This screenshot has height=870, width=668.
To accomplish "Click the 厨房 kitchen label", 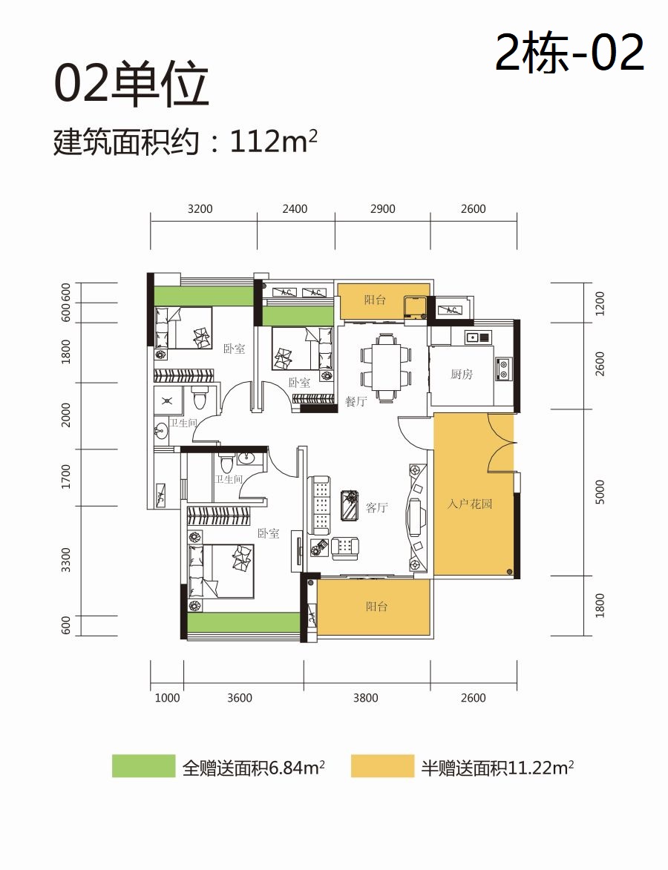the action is coord(462,375).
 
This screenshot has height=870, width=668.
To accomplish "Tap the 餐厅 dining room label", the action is coord(356,401).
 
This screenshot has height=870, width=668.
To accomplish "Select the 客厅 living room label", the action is coord(376,507).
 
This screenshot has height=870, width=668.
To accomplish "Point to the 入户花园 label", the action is coord(470,504).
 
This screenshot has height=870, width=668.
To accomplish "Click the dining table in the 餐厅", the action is coord(387,366).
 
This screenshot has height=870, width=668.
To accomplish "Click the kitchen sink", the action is coord(478,336).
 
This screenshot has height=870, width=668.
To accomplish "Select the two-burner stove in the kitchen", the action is coord(503,369).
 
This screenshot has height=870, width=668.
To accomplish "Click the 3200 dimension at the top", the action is coord(200,208).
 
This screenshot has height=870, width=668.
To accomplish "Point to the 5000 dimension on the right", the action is coord(600,492).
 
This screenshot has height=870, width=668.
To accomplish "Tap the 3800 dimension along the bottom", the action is coord(365,697).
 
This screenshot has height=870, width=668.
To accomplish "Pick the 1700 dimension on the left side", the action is coord(66,477).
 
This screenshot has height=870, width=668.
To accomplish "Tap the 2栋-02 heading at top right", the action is coord(570,52).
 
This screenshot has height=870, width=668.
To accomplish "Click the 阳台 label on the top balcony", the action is coord(375,300).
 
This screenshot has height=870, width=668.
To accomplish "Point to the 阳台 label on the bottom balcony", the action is coord(376,607).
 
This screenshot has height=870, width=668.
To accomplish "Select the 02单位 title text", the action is coord(131,85).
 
